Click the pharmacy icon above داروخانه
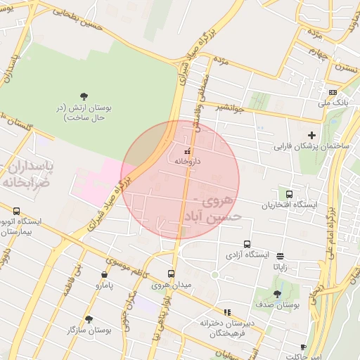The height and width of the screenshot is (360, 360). click(187, 151)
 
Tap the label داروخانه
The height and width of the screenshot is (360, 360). click(188, 161)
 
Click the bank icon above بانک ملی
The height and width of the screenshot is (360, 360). click(333, 92)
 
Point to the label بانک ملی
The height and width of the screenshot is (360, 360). click(333, 103)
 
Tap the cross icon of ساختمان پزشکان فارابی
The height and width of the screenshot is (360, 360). click(312, 135)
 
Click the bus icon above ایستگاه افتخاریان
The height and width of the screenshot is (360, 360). click(289, 194)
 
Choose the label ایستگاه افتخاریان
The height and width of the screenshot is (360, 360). click(289, 205)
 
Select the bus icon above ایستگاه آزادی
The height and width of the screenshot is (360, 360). click(246, 244)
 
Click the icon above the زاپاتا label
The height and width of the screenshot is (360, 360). click(281, 257)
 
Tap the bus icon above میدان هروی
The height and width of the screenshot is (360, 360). click(171, 274)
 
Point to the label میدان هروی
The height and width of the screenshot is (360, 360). click(172, 285)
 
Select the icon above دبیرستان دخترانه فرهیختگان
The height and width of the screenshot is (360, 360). click(226, 311)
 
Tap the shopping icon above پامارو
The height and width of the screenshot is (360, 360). click(104, 275)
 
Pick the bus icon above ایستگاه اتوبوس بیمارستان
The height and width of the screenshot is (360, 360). click(17, 210)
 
